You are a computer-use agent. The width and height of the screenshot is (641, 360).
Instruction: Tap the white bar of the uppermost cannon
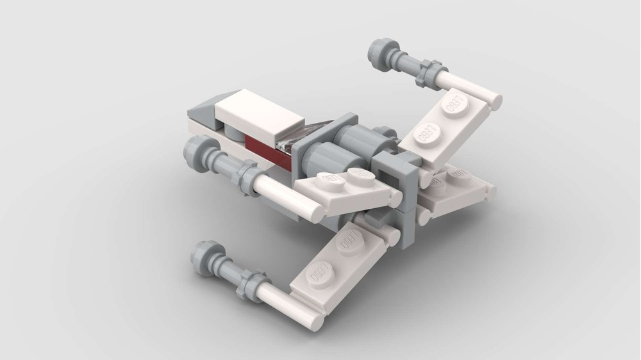(468, 90)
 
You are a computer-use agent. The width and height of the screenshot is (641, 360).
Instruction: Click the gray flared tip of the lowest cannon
(206, 258)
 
